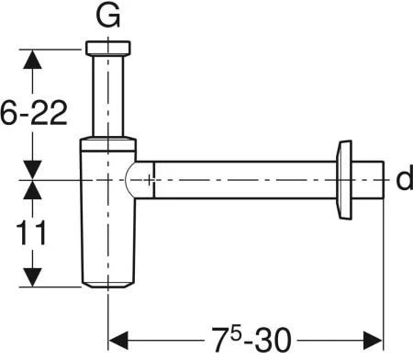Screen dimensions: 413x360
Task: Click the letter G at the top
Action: pyautogui.click(x=107, y=16)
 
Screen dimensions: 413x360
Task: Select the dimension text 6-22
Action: pyautogui.click(x=34, y=112)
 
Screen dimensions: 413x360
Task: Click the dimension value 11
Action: pyautogui.click(x=31, y=232)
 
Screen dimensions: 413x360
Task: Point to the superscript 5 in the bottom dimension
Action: pyautogui.click(x=236, y=334)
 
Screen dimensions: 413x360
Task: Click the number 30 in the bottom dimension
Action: pyautogui.click(x=273, y=340)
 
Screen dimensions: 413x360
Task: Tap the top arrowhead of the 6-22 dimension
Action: pyautogui.click(x=32, y=59)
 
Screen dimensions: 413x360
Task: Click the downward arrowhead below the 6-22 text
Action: pyautogui.click(x=32, y=170)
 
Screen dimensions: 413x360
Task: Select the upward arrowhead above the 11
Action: pyautogui.click(x=32, y=190)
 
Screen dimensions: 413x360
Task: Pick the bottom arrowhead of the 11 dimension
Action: pyautogui.click(x=32, y=277)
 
